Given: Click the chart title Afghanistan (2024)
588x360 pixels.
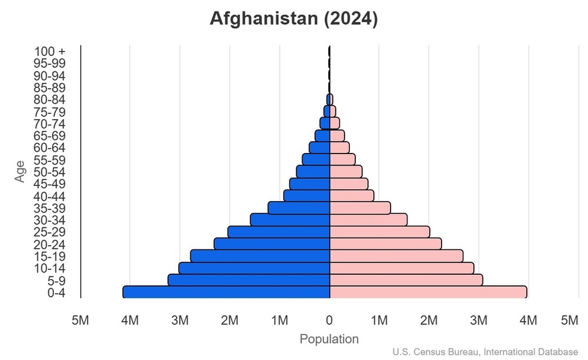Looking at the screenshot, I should tap(293, 19).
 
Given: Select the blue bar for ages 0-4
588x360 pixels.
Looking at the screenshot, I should tap(226, 292).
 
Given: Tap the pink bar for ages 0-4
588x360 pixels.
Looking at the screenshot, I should tap(428, 292).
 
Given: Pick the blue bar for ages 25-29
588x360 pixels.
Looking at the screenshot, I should tap(279, 232).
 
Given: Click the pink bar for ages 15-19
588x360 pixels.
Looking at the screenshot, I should tap(396, 256).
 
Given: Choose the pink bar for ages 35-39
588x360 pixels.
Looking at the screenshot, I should tap(360, 208).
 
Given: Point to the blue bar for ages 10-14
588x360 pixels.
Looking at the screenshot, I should tap(254, 268).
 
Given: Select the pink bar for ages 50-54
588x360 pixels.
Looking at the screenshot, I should tap(346, 172).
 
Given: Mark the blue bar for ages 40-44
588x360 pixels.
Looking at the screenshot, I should tap(307, 196).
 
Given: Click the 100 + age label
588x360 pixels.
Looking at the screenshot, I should tap(49, 52).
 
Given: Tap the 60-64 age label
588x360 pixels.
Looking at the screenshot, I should tap(49, 148).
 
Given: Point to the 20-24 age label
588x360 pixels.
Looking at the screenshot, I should tap(49, 244).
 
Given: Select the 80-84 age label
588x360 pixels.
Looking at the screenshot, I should tap(49, 100).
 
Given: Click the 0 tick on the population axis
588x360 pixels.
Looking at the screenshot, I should tap(329, 320).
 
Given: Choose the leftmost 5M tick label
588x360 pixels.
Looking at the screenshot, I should tap(80, 320).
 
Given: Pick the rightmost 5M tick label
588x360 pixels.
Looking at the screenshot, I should tap(569, 320).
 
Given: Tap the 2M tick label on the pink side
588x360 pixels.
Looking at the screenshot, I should tap(428, 320).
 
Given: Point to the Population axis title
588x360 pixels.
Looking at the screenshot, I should tap(329, 339).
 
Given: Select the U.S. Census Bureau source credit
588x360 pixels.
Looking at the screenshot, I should tap(486, 352).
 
